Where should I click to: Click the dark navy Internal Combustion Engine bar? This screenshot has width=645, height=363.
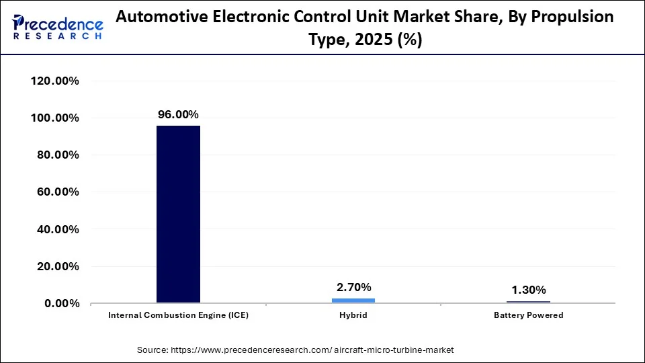[178, 214]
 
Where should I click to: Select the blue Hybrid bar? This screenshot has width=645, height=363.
[353, 300]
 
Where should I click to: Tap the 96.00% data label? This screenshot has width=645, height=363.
[178, 115]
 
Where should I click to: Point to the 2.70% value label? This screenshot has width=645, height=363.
[353, 288]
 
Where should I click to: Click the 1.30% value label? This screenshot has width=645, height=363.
[529, 290]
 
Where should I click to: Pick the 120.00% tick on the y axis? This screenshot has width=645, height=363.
[55, 81]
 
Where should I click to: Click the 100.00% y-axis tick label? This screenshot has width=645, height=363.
[55, 118]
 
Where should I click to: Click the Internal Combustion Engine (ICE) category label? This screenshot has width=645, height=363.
[178, 315]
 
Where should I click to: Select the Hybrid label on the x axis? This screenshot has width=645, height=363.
[353, 315]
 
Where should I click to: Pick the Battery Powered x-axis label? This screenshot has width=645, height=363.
[529, 315]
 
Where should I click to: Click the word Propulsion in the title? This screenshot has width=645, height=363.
[576, 17]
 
